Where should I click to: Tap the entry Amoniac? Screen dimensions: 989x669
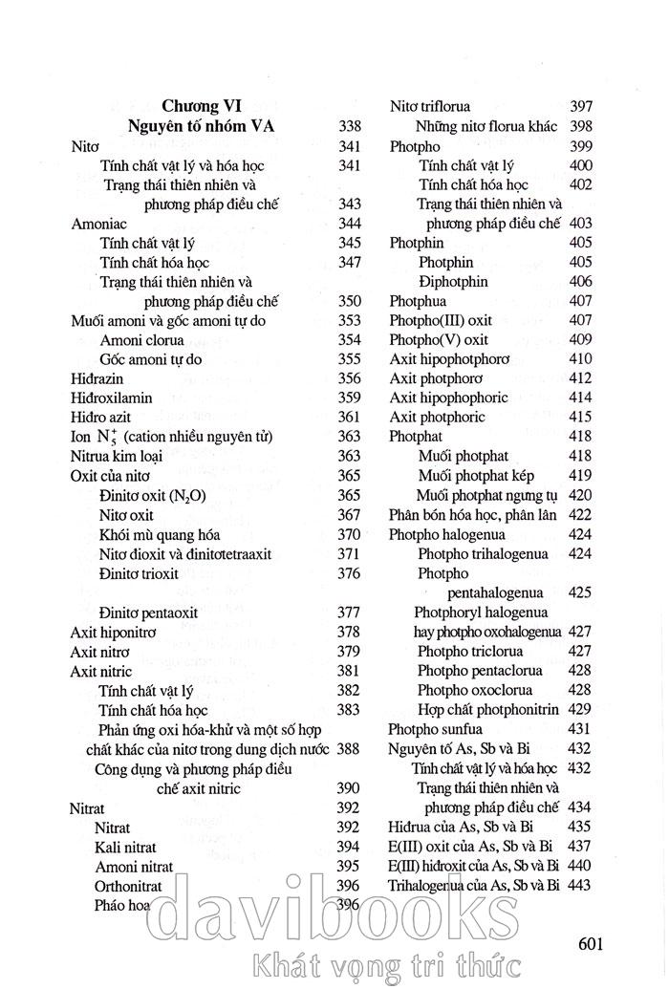pyautogui.click(x=99, y=223)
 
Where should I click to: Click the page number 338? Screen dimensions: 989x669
pyautogui.click(x=349, y=125)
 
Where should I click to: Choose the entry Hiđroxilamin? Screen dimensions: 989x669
pyautogui.click(x=112, y=398)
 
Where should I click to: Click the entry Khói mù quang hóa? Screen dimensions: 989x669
pyautogui.click(x=161, y=534)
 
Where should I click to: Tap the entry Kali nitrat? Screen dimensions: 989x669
pyautogui.click(x=126, y=847)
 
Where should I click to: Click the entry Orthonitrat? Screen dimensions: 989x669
pyautogui.click(x=128, y=886)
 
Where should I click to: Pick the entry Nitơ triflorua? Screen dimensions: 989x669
pyautogui.click(x=442, y=106)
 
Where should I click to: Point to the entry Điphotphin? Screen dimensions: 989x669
pyautogui.click(x=453, y=281)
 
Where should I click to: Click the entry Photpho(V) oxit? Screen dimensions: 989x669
pyautogui.click(x=439, y=339)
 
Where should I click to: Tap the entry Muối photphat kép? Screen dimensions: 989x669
pyautogui.click(x=476, y=475)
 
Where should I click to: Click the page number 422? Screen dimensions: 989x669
pyautogui.click(x=580, y=515)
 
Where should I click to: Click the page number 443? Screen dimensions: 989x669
pyautogui.click(x=580, y=885)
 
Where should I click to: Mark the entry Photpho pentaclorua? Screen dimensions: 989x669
pyautogui.click(x=480, y=670)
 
